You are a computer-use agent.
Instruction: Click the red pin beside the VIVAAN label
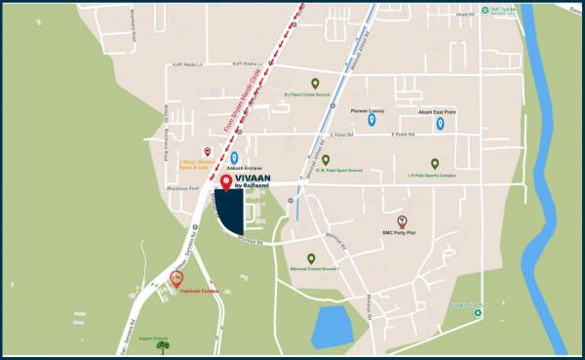click(x=226, y=181)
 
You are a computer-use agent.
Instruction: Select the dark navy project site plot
click(x=230, y=212)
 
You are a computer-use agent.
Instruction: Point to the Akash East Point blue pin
click(x=440, y=123)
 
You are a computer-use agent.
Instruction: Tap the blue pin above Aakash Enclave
click(x=234, y=158)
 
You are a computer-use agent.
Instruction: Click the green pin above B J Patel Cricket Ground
click(x=314, y=84)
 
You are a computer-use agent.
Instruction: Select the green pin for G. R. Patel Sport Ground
click(x=326, y=160)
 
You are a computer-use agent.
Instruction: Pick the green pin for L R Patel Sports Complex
click(x=435, y=163)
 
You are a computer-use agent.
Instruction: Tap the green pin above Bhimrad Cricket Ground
click(x=311, y=259)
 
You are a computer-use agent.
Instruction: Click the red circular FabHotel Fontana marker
click(x=176, y=279)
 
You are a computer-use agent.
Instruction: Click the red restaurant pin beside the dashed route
click(x=207, y=150)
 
